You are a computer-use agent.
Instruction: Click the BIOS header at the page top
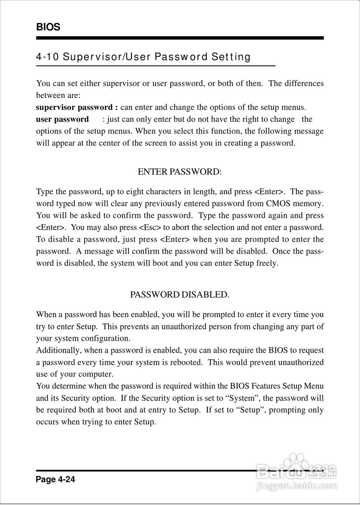(x=48, y=27)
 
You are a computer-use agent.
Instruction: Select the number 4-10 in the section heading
(x=47, y=57)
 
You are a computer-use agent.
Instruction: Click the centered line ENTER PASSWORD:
(x=180, y=172)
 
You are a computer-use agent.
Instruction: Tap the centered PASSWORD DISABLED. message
(x=180, y=295)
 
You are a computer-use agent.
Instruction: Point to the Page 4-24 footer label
(x=55, y=480)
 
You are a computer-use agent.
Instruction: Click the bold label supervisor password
(x=74, y=108)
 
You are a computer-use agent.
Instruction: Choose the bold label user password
(x=62, y=119)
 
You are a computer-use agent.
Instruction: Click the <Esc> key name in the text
(x=150, y=228)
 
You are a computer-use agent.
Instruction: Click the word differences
(x=304, y=84)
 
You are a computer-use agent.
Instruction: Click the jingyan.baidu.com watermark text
(x=296, y=485)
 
